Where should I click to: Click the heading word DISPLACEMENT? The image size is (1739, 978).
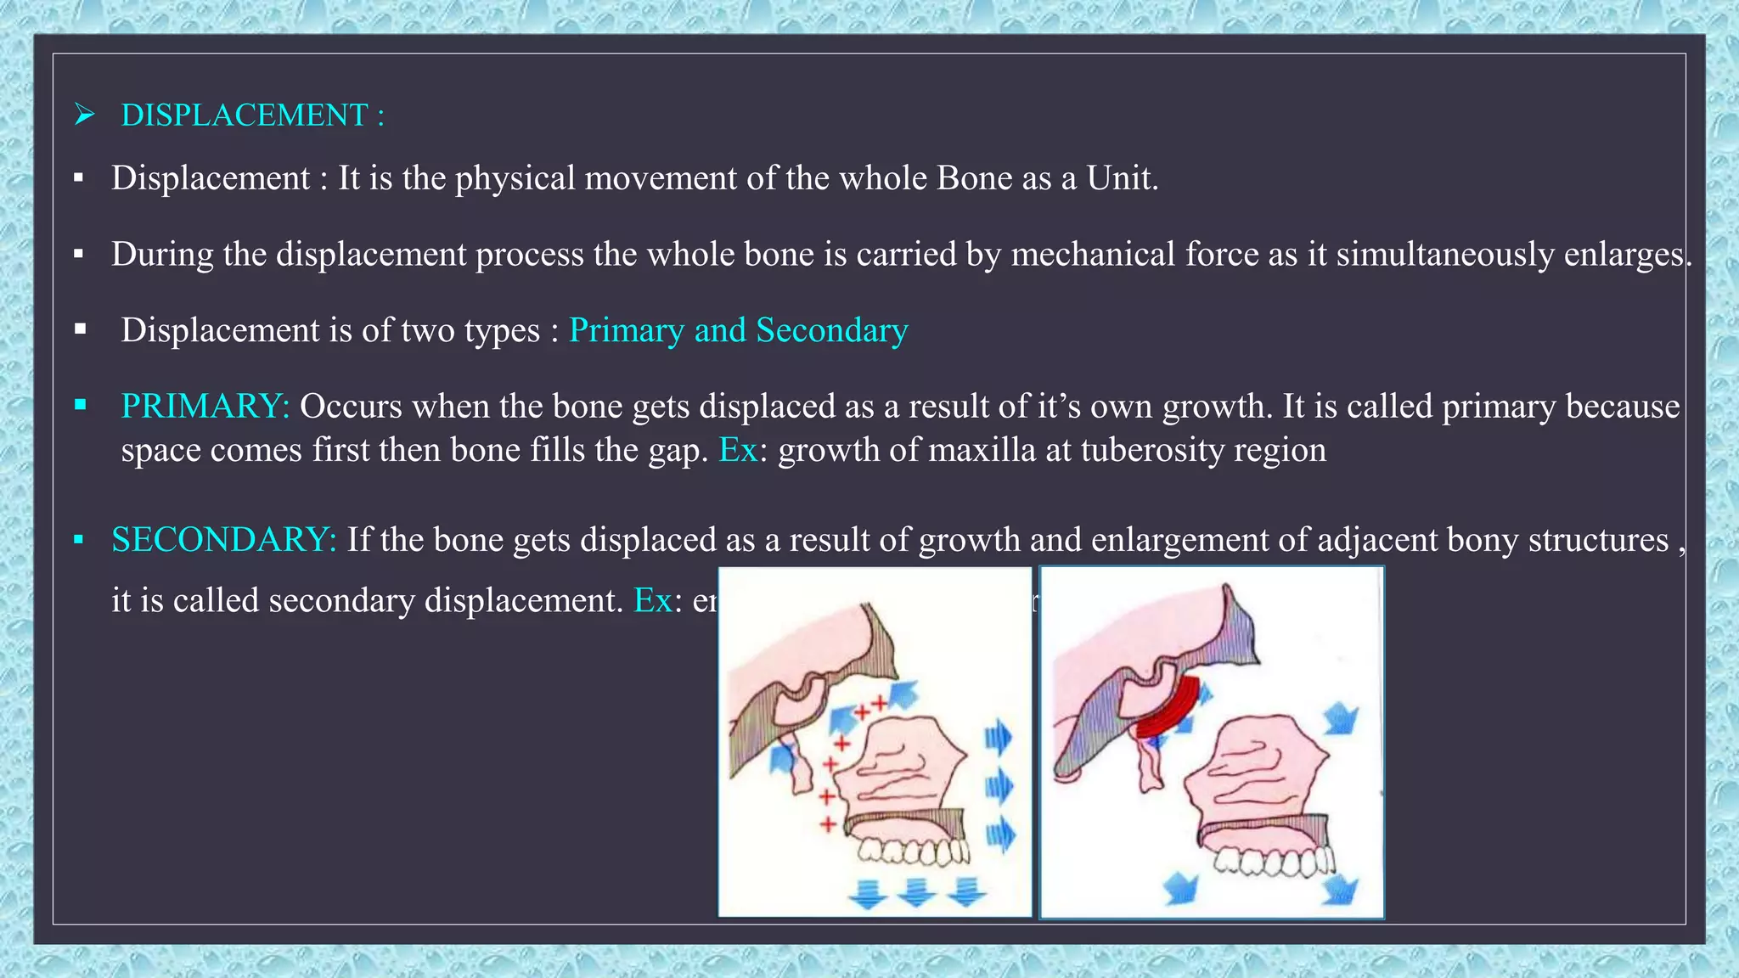[244, 115]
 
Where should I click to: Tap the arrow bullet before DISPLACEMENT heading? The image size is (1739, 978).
[84, 114]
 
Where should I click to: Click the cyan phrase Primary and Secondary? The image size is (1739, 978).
[738, 330]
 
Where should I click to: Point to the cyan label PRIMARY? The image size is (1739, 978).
[205, 407]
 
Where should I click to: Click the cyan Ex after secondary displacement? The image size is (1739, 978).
[653, 600]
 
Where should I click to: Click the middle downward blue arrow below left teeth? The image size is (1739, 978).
[915, 892]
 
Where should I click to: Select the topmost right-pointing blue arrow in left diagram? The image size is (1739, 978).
[999, 736]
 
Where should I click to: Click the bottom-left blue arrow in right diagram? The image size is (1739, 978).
[1180, 888]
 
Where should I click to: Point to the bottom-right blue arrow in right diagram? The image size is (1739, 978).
[1341, 888]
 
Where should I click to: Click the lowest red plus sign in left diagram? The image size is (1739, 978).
[827, 823]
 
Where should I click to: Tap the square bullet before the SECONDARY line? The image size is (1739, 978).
[79, 539]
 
